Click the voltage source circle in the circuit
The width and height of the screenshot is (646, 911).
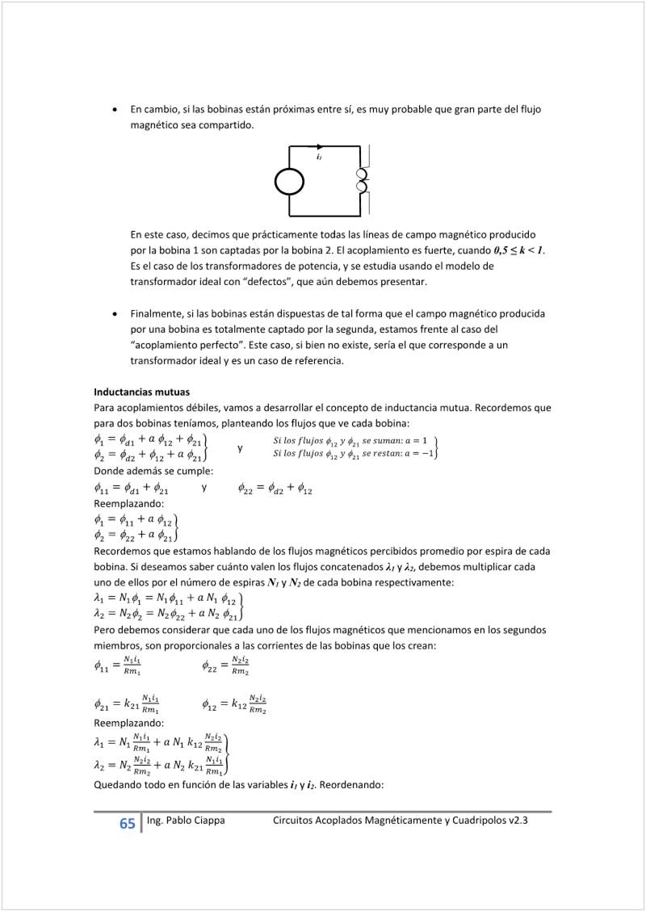289,182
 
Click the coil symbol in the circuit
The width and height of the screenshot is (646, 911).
362,182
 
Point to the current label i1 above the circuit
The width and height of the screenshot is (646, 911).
320,157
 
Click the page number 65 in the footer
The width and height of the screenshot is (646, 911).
128,824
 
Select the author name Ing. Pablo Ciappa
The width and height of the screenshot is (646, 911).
186,821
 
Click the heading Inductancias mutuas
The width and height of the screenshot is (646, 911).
141,392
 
